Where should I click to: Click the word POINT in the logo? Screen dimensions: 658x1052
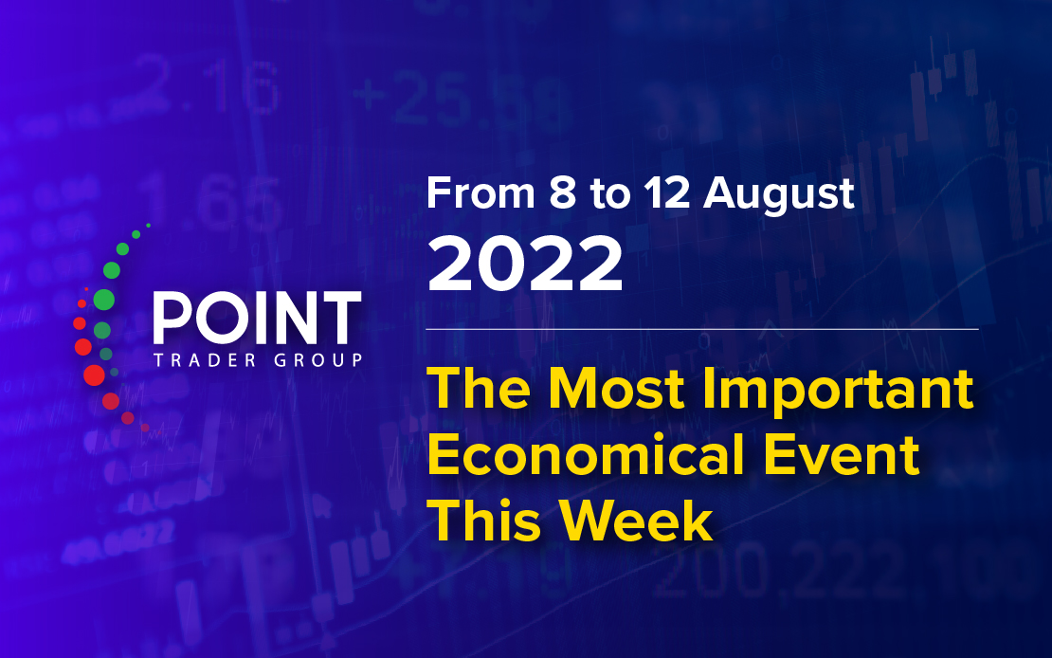coord(257,319)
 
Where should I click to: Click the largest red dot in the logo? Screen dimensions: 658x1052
coord(94,375)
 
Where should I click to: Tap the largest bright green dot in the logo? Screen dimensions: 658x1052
coord(104,300)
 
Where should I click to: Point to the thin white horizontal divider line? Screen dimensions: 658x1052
coord(701,329)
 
